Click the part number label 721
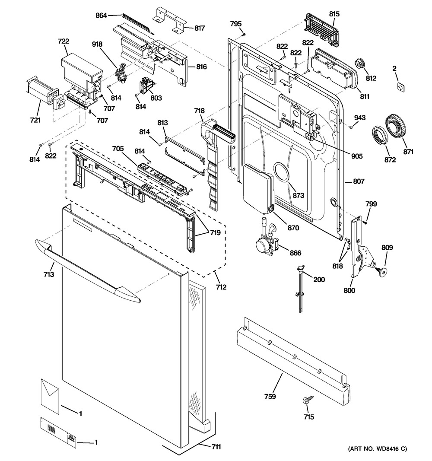tap(35, 120)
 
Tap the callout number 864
tap(101, 16)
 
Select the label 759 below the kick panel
tap(271, 396)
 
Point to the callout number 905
tap(357, 156)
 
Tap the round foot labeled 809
tap(381, 271)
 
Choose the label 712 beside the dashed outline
tap(221, 287)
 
